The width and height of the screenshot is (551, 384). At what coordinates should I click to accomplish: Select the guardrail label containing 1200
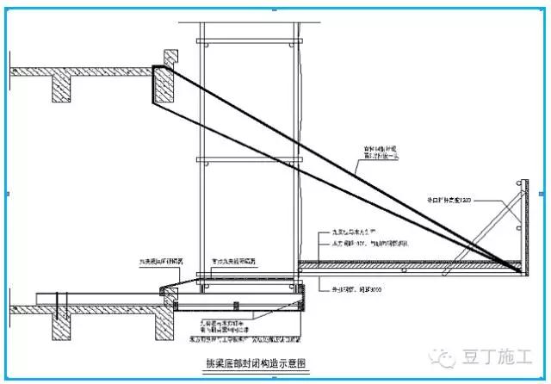point(448,200)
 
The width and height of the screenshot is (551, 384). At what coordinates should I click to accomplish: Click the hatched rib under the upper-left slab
point(61,88)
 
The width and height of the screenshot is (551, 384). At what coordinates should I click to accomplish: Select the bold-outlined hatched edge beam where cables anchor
point(164,87)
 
